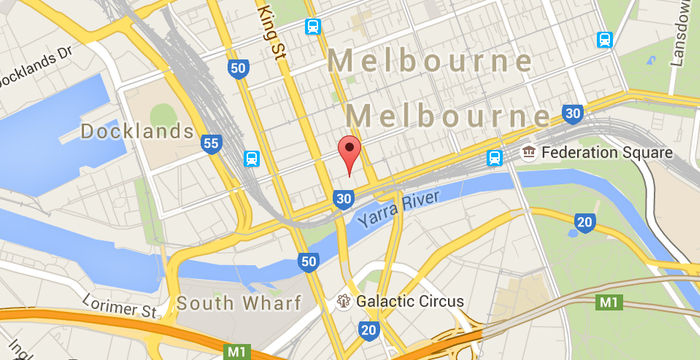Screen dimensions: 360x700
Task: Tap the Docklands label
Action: click(x=136, y=131)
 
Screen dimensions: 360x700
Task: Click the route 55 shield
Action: click(x=210, y=144)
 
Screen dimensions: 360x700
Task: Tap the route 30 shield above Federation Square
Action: click(x=572, y=114)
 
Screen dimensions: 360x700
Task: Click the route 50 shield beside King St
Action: click(x=237, y=68)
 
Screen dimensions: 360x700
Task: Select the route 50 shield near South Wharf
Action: click(x=309, y=262)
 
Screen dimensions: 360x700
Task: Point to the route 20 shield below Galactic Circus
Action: click(x=369, y=329)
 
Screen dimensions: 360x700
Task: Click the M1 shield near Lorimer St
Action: click(x=236, y=351)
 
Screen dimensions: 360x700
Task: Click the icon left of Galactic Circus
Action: click(x=344, y=299)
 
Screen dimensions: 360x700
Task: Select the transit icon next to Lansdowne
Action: click(x=604, y=39)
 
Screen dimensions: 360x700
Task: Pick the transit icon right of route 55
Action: click(x=251, y=158)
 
